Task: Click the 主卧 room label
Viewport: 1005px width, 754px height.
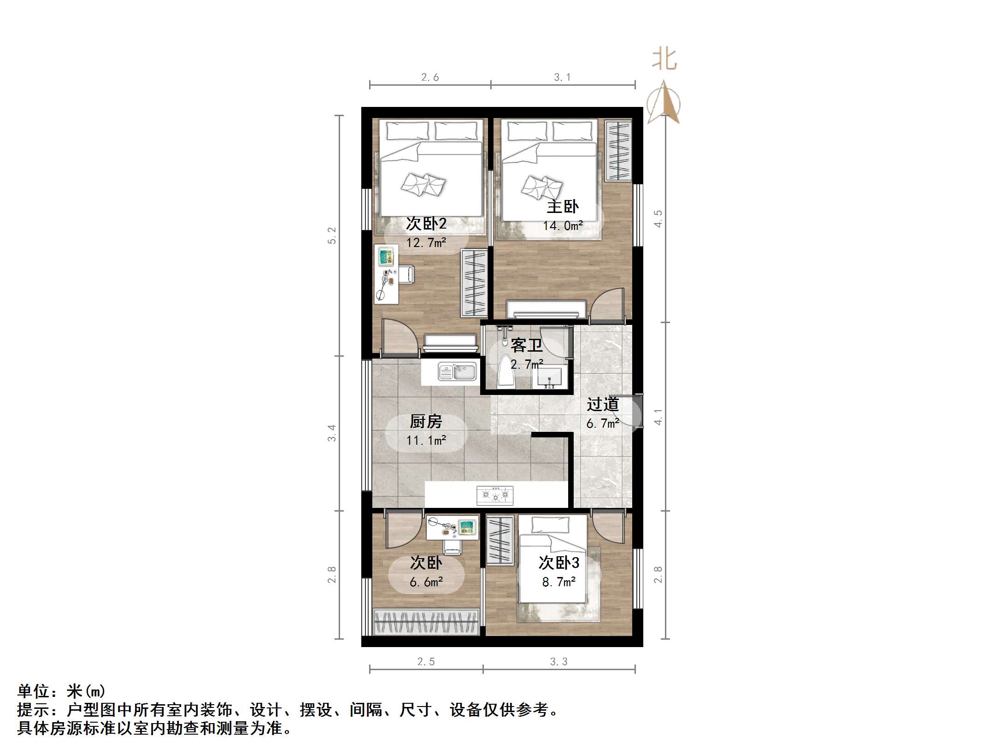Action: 563,206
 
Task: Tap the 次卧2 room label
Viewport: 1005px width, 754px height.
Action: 426,224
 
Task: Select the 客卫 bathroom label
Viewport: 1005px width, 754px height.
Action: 527,345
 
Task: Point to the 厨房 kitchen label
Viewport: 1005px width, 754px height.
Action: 426,421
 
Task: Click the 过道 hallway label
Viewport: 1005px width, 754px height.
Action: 603,404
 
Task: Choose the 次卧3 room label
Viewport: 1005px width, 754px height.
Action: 559,563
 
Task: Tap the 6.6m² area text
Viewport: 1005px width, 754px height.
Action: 426,582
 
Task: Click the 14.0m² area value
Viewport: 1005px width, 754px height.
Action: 563,226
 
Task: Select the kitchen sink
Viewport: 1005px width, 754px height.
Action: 457,372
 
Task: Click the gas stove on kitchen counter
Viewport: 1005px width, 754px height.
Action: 495,495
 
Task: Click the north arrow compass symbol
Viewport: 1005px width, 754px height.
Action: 664,103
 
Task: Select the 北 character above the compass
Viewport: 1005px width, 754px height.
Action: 664,60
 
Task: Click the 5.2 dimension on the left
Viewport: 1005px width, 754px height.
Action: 332,236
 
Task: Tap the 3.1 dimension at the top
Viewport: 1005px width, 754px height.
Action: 562,77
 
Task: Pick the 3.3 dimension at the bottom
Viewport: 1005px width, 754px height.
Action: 558,662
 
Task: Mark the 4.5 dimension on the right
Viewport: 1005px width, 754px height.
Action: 658,218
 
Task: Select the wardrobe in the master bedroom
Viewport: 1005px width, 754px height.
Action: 618,151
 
